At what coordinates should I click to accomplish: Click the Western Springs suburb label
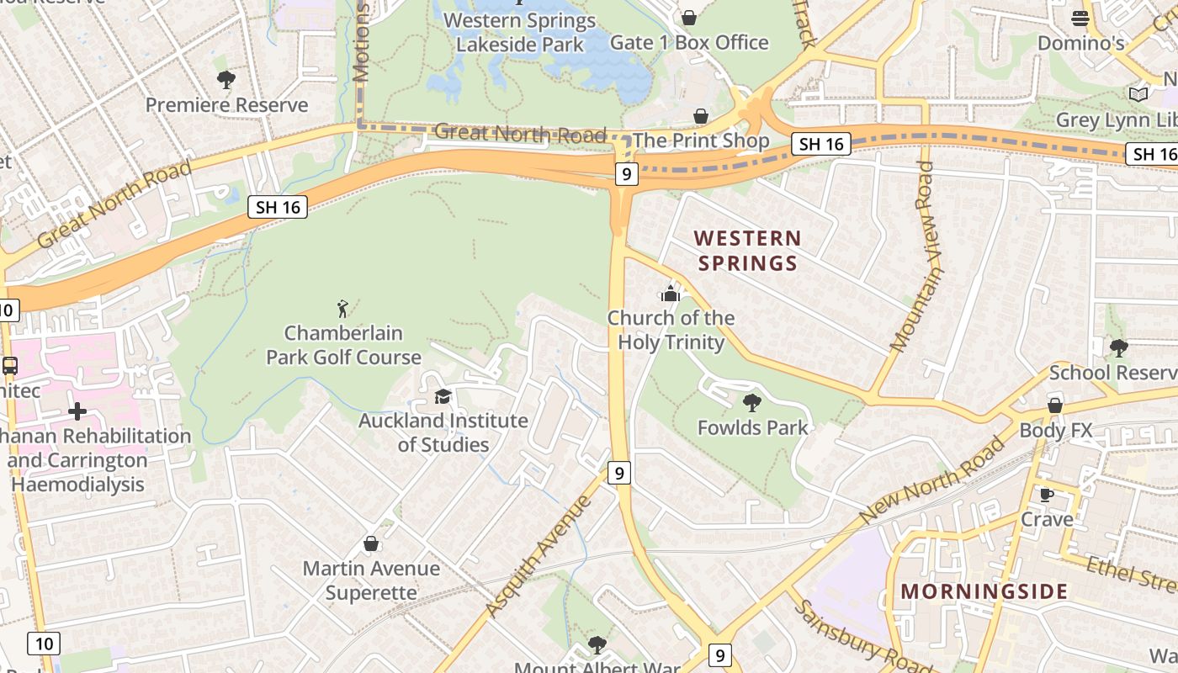coord(747,251)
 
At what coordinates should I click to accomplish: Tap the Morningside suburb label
coord(984,591)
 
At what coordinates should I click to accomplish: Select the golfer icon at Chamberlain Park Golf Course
coord(342,309)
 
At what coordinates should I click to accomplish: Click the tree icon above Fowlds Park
coord(752,403)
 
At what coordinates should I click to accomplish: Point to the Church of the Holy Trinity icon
coord(671,294)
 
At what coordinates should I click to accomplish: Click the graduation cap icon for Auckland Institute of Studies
coord(443,396)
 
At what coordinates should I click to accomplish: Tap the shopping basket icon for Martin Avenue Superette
coord(371,544)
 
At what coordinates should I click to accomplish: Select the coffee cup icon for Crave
coord(1046,495)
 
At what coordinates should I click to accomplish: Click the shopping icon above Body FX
coord(1054,405)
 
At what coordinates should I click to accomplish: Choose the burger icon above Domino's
coord(1080,18)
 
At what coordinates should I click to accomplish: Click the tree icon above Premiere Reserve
coord(226,80)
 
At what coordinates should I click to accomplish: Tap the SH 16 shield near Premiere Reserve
coord(278,207)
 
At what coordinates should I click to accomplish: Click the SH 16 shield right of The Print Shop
coord(821,144)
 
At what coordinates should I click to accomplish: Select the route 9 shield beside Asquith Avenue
coord(618,473)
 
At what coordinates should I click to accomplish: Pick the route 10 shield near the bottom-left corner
coord(44,644)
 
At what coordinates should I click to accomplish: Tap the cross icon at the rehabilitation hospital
coord(77,411)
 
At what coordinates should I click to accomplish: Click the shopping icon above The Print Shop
coord(701,116)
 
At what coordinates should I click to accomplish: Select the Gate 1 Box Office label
coord(689,42)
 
